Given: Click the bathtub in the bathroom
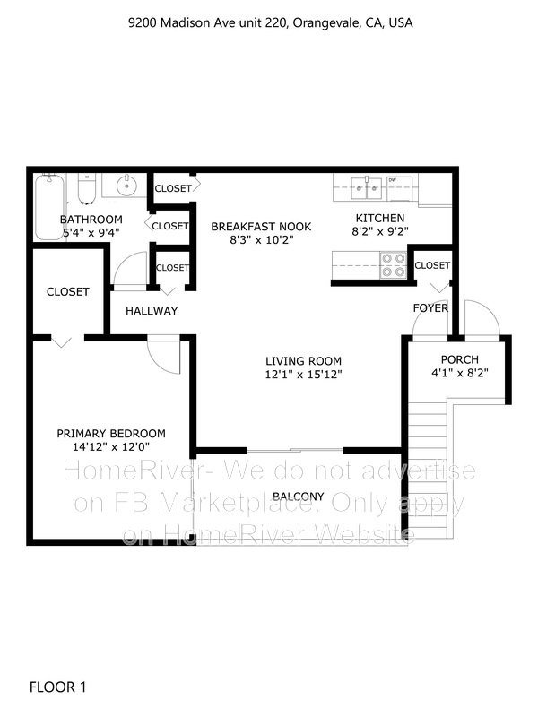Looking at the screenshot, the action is pyautogui.click(x=49, y=207).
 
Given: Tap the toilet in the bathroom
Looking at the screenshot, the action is pyautogui.click(x=86, y=188).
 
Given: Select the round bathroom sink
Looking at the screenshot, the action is pyautogui.click(x=126, y=186).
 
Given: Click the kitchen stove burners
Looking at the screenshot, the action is pyautogui.click(x=394, y=265).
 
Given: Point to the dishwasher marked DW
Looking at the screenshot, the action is pyautogui.click(x=399, y=188).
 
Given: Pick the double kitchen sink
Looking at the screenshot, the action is pyautogui.click(x=367, y=188).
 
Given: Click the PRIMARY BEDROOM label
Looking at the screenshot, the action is pyautogui.click(x=111, y=434).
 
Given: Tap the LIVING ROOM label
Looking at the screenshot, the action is pyautogui.click(x=303, y=361).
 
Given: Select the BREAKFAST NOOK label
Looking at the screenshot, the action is pyautogui.click(x=261, y=227).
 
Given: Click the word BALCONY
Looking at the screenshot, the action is pyautogui.click(x=299, y=497).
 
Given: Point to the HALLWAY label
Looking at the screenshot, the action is pyautogui.click(x=152, y=311).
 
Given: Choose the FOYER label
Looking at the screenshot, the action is pyautogui.click(x=430, y=307).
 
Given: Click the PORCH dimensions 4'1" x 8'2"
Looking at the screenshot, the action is pyautogui.click(x=460, y=373).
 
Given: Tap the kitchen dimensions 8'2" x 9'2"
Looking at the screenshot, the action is pyautogui.click(x=379, y=231).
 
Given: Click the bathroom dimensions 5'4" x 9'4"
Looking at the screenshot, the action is pyautogui.click(x=91, y=232).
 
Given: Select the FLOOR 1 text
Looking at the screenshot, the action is pyautogui.click(x=57, y=687).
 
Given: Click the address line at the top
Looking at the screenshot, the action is pyautogui.click(x=271, y=23).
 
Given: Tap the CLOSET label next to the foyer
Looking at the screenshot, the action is pyautogui.click(x=432, y=265).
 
